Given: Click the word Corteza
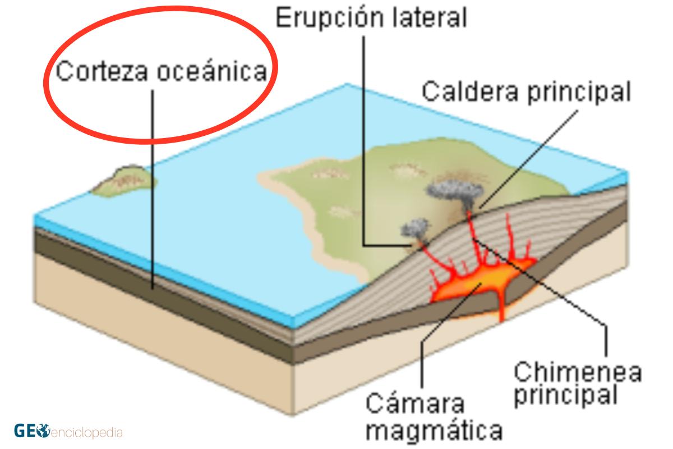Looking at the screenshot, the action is pos(102,71).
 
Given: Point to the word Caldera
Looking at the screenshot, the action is pos(470,91).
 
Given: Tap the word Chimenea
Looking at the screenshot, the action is pos(578,372).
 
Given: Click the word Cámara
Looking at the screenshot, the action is pos(415,404).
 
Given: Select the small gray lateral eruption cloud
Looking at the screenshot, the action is pos(415,228).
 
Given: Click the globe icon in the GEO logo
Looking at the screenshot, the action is pos(43,431).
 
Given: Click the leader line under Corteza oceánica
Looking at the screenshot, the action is pos(153,190).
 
